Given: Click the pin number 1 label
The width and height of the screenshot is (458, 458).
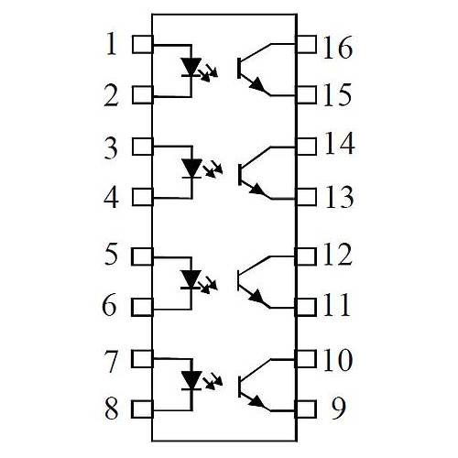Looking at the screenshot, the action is tap(112, 44).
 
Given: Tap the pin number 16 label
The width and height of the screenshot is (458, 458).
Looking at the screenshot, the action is tap(338, 47).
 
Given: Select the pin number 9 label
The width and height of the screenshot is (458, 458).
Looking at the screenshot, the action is tap(338, 408).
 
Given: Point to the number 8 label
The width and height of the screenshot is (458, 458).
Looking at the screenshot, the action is tap(111, 409).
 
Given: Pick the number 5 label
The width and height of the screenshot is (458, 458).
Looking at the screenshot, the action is tap(111, 254).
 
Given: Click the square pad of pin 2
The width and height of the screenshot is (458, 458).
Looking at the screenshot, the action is tap(143, 94).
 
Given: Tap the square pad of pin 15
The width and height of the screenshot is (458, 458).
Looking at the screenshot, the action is tap(306, 94).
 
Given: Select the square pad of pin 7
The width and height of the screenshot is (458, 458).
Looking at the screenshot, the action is tap(142, 358).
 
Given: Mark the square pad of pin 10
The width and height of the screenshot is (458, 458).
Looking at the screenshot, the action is tap(306, 358).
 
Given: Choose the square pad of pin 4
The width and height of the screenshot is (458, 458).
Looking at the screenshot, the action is tap(143, 197).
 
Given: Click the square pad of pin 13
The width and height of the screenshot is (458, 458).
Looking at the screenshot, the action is tap(306, 197).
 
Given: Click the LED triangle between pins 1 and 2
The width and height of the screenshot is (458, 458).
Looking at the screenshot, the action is tap(191, 67).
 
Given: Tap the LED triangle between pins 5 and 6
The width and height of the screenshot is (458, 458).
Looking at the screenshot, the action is tap(191, 279).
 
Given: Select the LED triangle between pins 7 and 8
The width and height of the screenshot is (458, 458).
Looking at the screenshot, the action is tap(191, 380).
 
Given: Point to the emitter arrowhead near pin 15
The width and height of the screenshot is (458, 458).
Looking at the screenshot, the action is tap(257, 84).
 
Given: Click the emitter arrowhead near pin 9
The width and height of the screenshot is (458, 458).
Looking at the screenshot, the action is tap(257, 402).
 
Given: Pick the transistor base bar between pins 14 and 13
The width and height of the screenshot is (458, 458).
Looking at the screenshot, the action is tap(240, 174).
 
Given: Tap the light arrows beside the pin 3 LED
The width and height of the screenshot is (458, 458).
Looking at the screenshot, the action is tap(213, 169).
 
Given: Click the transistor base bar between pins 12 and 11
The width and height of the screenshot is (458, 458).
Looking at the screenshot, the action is tap(239, 280).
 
